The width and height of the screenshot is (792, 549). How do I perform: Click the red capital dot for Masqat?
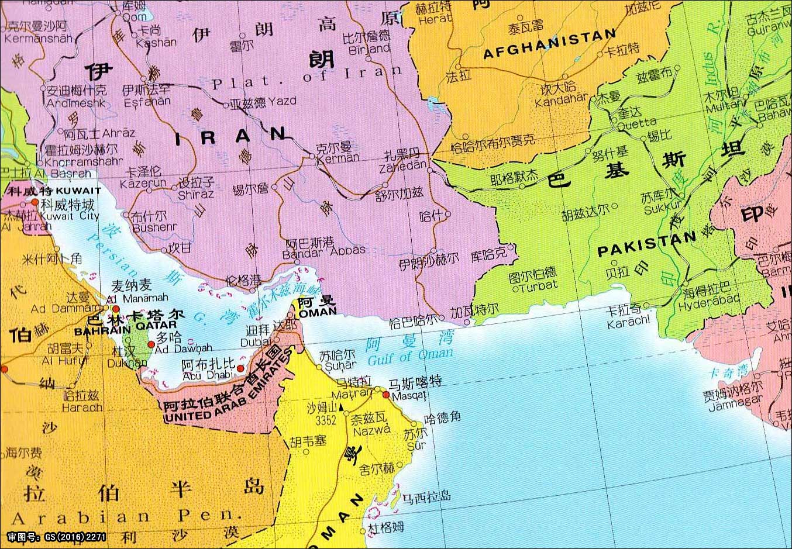tap(386, 395)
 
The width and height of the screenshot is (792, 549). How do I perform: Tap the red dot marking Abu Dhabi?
tap(240, 368)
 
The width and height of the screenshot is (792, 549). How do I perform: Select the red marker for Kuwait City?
tap(35, 202)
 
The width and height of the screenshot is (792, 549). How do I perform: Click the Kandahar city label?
tap(560, 100)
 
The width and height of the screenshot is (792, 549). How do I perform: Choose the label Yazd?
tap(283, 101)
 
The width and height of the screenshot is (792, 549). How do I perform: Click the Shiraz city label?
tap(195, 194)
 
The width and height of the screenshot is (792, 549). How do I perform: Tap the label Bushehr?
tap(154, 227)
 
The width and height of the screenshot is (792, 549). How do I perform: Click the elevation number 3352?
tap(326, 420)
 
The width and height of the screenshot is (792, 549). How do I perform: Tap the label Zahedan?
tap(402, 166)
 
